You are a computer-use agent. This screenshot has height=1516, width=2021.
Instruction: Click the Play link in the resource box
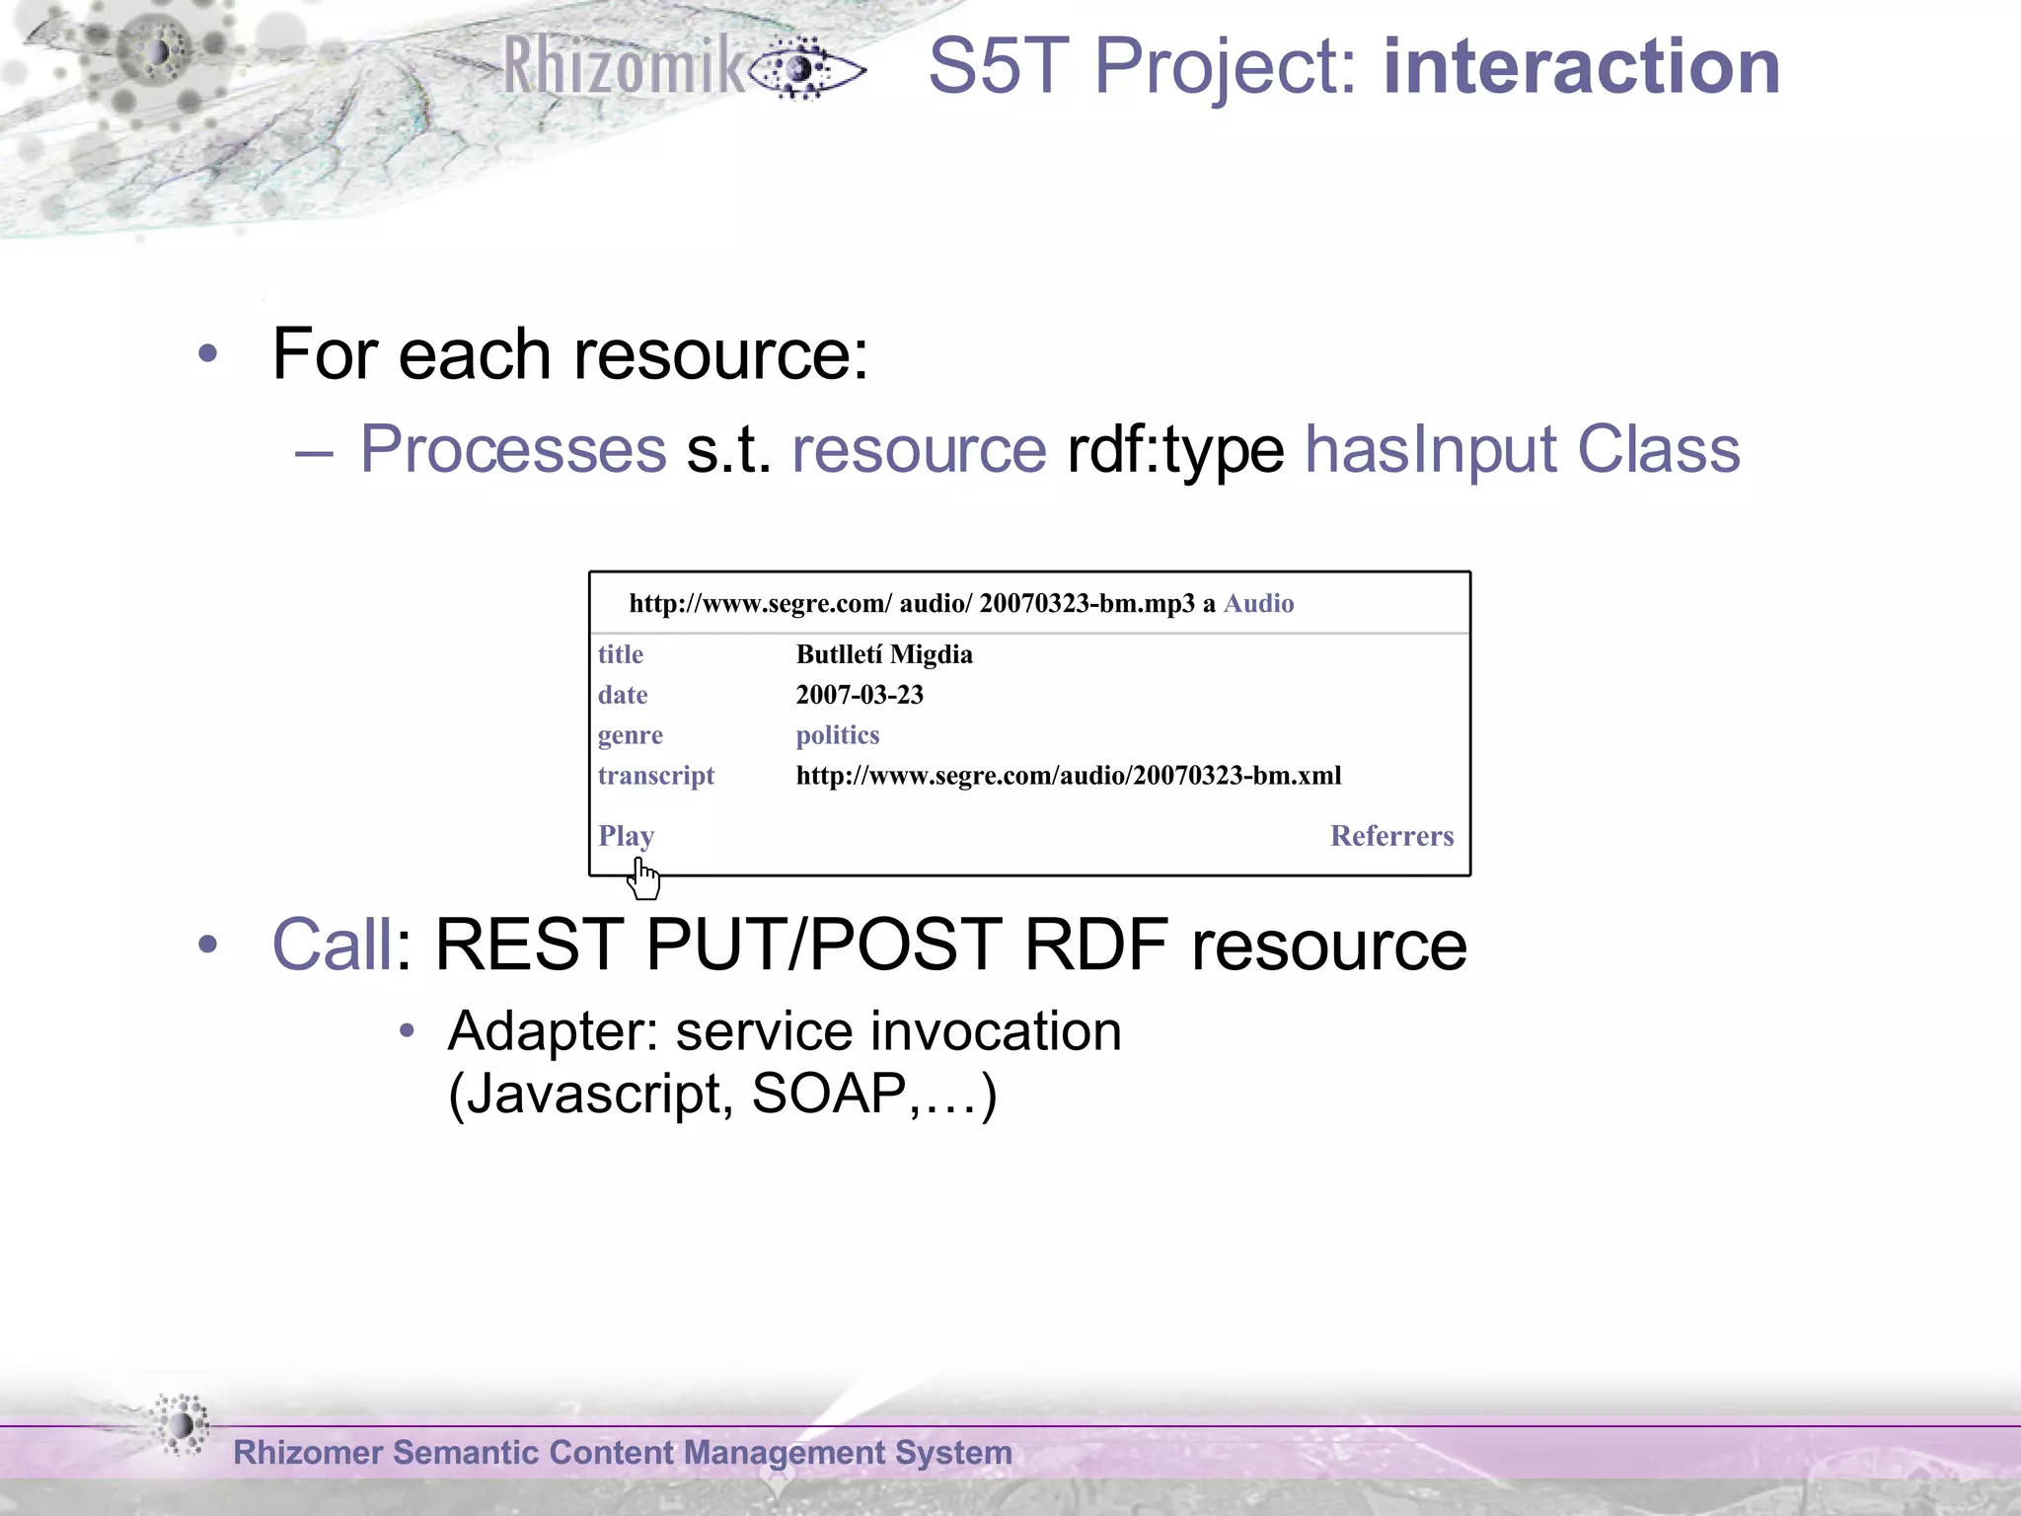(626, 836)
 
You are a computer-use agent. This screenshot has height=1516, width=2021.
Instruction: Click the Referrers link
(1390, 836)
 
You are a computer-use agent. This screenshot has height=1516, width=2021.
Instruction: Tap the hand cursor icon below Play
(644, 879)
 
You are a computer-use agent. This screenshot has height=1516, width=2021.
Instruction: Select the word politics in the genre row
(837, 735)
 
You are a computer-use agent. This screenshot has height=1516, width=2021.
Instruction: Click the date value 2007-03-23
(859, 695)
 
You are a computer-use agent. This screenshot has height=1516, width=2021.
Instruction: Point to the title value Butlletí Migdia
(883, 654)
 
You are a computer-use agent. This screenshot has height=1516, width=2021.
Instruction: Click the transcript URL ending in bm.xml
(1068, 776)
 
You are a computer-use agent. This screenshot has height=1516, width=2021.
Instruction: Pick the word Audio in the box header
(1258, 603)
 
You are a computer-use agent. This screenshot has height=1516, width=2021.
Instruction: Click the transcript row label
(655, 776)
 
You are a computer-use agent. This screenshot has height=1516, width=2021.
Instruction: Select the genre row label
(630, 735)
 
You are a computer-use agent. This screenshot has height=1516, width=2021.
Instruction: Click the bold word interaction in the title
(1581, 67)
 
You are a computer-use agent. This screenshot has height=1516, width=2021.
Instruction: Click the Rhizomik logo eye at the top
(804, 69)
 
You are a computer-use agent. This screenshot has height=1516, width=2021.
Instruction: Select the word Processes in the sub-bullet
(513, 450)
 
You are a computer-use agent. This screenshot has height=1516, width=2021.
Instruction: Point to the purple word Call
(332, 945)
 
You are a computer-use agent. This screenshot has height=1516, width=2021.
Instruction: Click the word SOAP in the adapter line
(827, 1094)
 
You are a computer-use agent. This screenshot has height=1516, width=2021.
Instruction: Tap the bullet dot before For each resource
(207, 353)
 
